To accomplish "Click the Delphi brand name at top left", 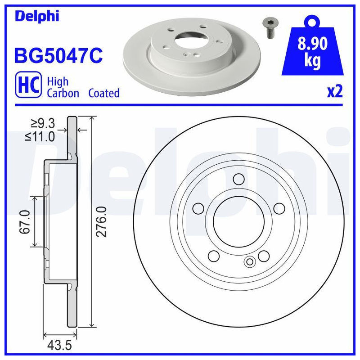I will [x=37, y=17].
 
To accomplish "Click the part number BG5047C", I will [x=59, y=56].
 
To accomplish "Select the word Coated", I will [x=104, y=93].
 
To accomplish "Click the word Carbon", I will [x=63, y=93].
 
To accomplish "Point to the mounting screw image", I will [x=269, y=29].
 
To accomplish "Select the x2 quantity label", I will [x=334, y=91].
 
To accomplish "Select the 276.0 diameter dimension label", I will [x=102, y=222].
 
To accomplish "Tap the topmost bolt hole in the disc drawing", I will [x=237, y=179].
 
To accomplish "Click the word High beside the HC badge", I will [x=58, y=81].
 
